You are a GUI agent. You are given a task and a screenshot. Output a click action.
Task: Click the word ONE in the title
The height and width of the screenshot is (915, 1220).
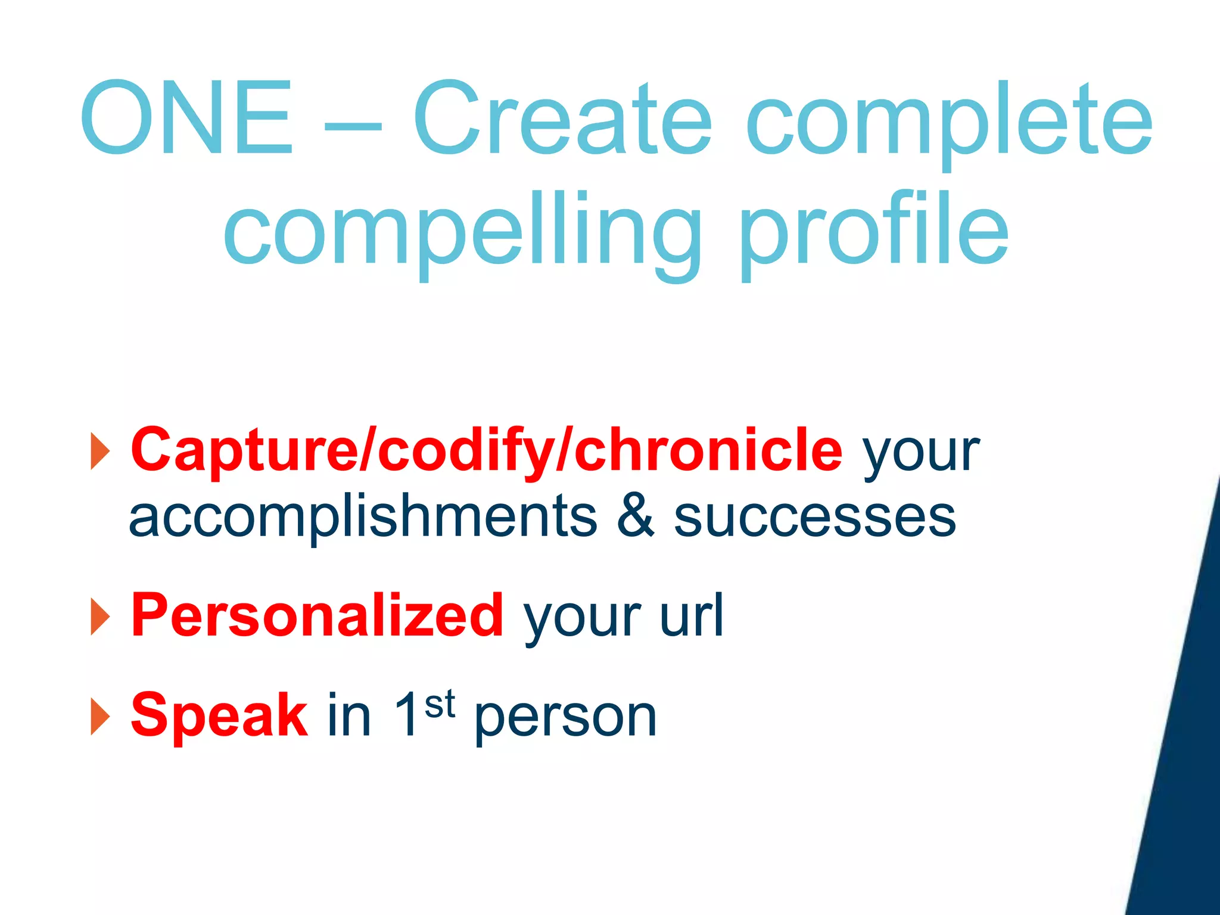point(186,118)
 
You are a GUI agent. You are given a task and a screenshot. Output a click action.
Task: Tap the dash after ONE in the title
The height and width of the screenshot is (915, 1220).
point(353,127)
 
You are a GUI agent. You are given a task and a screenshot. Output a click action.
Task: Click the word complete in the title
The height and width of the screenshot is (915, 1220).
point(948,125)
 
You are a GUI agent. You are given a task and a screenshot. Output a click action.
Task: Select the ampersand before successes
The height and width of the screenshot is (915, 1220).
point(635,516)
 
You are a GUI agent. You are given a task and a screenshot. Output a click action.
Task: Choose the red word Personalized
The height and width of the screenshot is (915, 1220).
point(317,615)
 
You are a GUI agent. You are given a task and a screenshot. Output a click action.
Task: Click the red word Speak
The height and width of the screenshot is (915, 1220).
point(219,715)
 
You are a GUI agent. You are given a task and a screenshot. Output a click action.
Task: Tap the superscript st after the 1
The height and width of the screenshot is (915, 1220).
point(440,704)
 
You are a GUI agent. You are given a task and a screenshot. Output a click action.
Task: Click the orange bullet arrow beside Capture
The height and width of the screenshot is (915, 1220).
point(100,451)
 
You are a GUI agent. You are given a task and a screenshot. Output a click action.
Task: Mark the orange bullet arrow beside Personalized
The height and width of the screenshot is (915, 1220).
point(100,617)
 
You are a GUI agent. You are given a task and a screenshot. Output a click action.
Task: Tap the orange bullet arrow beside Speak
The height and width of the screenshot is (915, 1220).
point(100,716)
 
